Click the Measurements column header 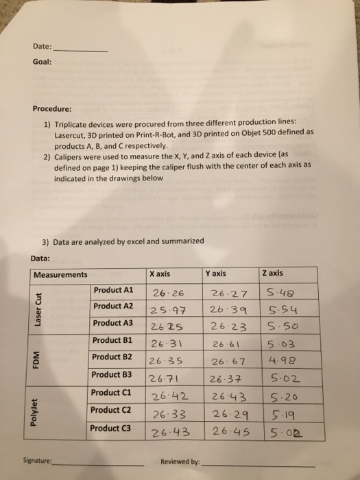[x=60, y=274]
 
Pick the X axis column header [x=159, y=274]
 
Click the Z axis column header [x=273, y=274]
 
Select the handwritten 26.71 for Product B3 [x=165, y=379]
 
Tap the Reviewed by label [x=181, y=461]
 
